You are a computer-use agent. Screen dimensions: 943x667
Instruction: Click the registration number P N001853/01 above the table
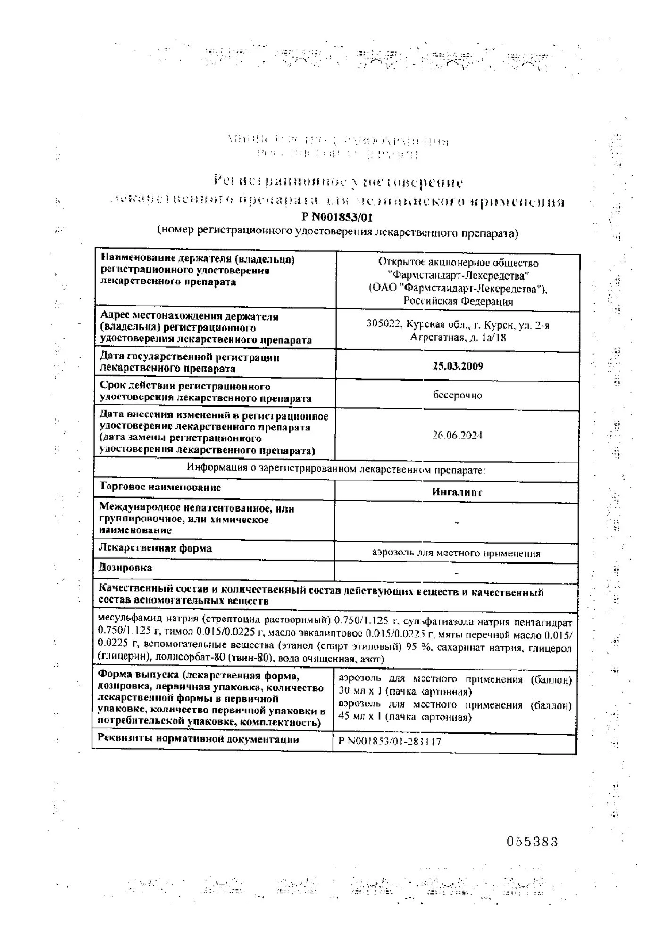click(x=340, y=217)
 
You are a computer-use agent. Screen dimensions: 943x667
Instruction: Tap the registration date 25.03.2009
click(x=458, y=366)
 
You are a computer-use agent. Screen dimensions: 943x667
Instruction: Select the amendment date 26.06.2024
click(x=457, y=435)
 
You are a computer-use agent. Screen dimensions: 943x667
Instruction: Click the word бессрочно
click(x=458, y=395)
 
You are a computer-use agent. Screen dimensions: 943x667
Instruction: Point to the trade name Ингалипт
click(x=457, y=492)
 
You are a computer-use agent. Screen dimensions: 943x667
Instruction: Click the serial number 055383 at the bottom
click(x=532, y=842)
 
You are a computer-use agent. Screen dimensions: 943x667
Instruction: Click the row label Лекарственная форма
click(x=155, y=548)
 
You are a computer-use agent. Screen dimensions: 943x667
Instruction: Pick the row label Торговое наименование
click(x=160, y=487)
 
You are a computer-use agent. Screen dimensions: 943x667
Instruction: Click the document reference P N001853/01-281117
click(x=390, y=742)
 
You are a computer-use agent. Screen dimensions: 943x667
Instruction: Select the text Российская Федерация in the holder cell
click(x=458, y=301)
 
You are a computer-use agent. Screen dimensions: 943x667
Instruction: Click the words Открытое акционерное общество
click(x=458, y=263)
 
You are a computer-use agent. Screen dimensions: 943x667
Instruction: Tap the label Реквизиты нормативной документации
click(x=198, y=739)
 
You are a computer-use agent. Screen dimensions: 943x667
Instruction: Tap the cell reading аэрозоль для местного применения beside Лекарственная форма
click(x=456, y=554)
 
